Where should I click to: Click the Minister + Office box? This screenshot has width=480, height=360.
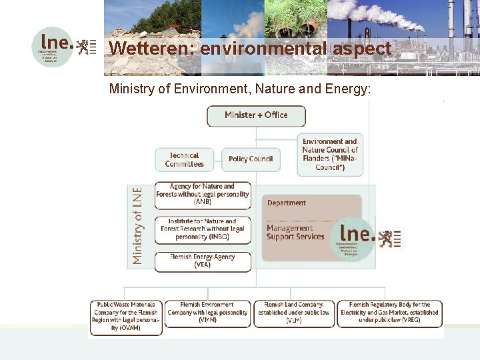point(256,115)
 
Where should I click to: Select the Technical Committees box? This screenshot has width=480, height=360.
point(184,160)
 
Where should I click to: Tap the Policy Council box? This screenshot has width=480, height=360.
point(251,159)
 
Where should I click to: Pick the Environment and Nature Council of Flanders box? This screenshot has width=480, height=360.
point(330,155)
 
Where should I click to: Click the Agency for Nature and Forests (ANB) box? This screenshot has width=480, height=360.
point(203,194)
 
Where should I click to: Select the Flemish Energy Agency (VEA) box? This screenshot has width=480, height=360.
point(203,261)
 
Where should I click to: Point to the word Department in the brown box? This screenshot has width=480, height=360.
point(287,203)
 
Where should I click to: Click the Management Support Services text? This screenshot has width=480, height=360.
point(295,232)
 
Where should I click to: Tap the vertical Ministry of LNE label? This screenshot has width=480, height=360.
point(137,225)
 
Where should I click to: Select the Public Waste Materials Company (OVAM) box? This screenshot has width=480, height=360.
point(127,316)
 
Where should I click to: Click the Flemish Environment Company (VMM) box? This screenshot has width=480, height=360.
point(207,312)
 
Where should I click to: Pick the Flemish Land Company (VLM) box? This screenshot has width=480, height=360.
point(293,312)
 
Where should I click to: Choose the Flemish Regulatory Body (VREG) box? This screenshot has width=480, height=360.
point(389,312)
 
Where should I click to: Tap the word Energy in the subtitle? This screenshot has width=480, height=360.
point(344,88)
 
